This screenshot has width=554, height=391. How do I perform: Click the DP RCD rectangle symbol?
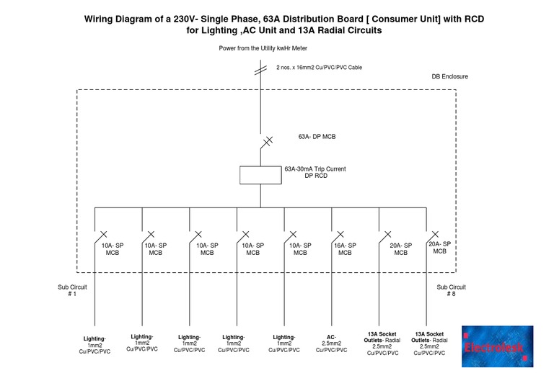(x=260, y=174)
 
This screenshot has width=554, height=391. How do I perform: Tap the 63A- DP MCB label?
(x=317, y=136)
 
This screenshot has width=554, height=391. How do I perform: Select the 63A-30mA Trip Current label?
(x=315, y=169)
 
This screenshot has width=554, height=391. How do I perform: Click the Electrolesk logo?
(x=498, y=346)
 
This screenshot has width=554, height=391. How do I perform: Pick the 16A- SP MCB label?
(x=346, y=249)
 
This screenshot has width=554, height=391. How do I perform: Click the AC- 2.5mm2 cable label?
(x=331, y=343)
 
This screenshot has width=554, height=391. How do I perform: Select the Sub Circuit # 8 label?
(x=451, y=290)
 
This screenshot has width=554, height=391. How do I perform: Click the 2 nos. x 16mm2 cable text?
(x=319, y=68)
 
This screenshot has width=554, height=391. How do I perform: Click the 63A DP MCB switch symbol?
(x=265, y=142)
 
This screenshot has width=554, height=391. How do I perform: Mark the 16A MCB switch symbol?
(x=338, y=236)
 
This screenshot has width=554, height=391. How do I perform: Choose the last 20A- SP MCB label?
(x=439, y=248)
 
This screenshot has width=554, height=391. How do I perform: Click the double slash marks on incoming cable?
(x=260, y=69)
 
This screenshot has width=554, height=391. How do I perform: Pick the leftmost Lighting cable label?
(x=94, y=345)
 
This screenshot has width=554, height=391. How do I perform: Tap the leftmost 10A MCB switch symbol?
(x=102, y=236)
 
